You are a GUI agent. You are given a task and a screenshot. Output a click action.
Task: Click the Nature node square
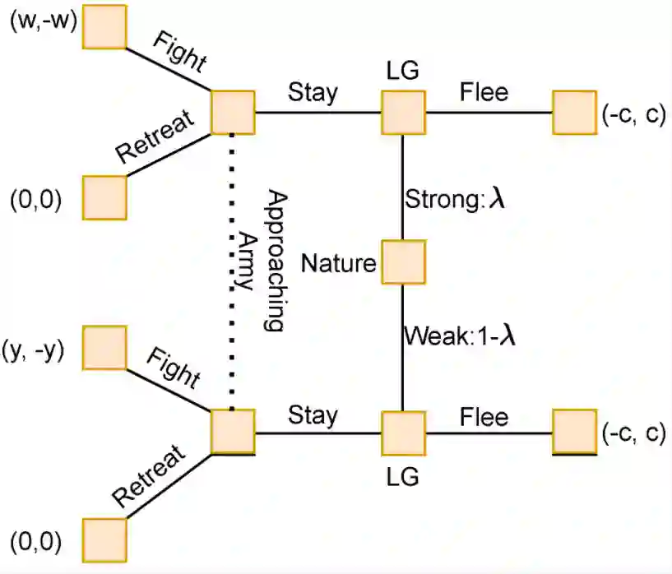point(403,262)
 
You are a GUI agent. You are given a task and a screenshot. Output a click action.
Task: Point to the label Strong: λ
point(454,200)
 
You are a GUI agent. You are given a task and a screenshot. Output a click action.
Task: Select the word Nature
point(338,263)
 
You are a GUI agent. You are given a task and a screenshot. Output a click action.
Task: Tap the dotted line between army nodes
point(232,271)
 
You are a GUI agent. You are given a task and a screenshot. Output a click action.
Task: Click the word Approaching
point(276,262)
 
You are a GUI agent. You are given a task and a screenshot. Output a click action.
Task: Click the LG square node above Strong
point(403,112)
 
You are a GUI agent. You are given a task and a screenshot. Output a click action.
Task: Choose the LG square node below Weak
point(403,433)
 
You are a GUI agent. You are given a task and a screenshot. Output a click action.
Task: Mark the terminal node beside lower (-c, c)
point(574,432)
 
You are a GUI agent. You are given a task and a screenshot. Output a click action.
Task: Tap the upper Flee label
point(484,91)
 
